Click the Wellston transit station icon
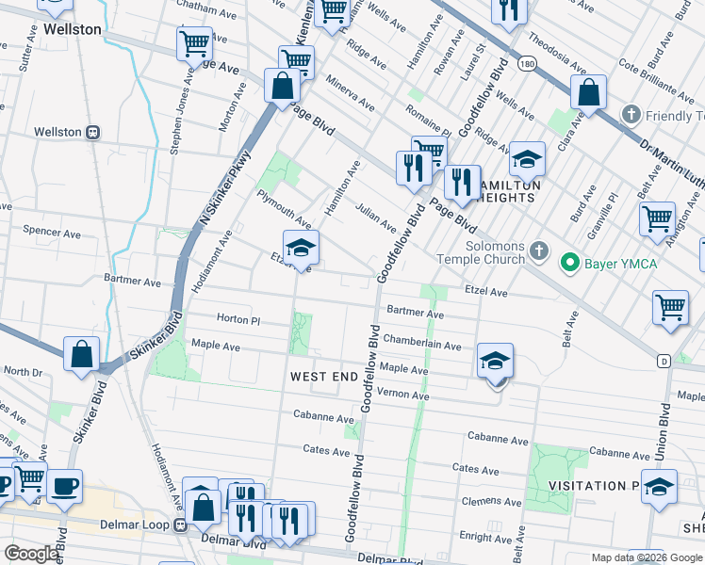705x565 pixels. coord(93,133)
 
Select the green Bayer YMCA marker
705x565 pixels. coord(568,263)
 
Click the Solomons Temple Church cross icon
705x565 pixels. coord(538,250)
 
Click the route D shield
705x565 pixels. coord(664,360)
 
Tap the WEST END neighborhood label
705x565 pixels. coord(323,377)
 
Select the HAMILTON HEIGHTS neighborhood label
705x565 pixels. coord(510,192)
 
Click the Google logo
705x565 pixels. coord(31,554)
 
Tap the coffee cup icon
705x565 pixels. coord(65,488)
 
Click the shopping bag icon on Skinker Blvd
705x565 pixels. coord(82,355)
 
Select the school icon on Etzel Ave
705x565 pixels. coord(301,249)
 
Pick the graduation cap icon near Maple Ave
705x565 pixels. coord(495,363)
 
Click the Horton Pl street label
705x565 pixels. coord(237,320)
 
